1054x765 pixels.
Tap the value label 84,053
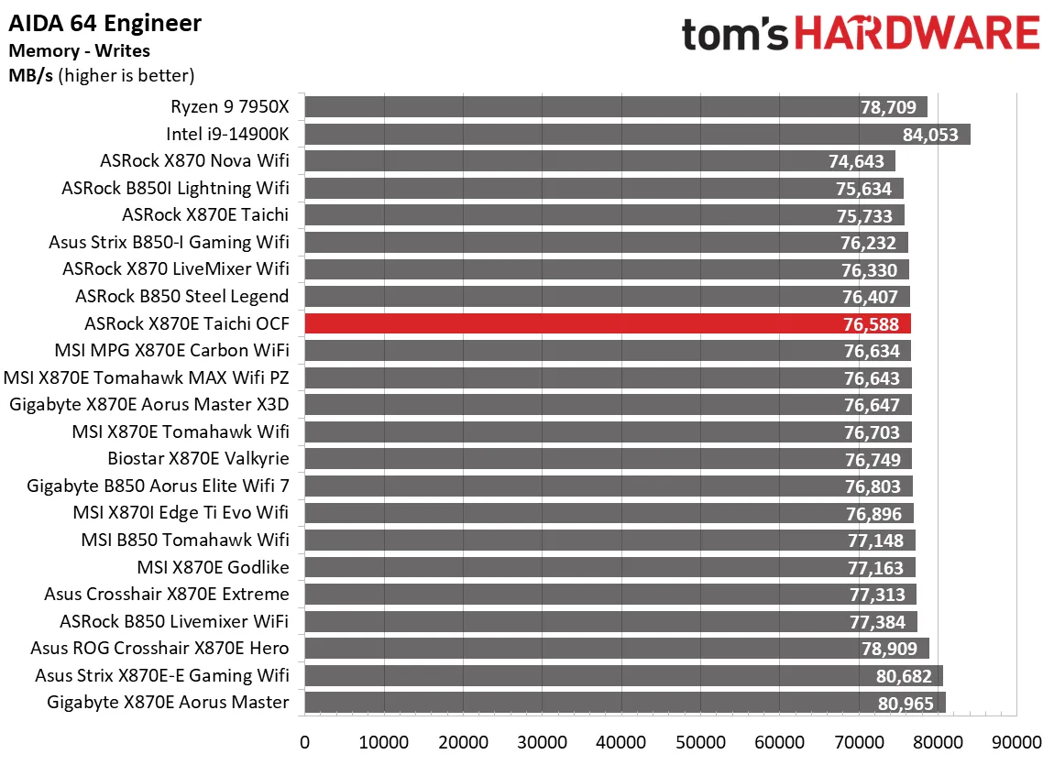pos(930,135)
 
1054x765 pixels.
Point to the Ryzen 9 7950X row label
pos(229,107)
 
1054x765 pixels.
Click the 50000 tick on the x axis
pos(700,740)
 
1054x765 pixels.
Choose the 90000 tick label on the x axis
pos(1016,740)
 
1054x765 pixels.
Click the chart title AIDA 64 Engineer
pos(105,23)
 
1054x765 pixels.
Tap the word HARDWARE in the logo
pos(917,34)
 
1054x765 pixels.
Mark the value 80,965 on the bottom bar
pos(905,704)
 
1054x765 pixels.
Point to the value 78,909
pos(888,650)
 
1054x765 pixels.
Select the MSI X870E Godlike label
pos(213,567)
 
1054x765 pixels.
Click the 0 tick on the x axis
pos(304,740)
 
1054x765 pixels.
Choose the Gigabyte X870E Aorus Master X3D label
pos(149,405)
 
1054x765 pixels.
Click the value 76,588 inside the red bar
pos(871,324)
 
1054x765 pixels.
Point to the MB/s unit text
pos(31,75)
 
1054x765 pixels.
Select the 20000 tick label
pos(463,740)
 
